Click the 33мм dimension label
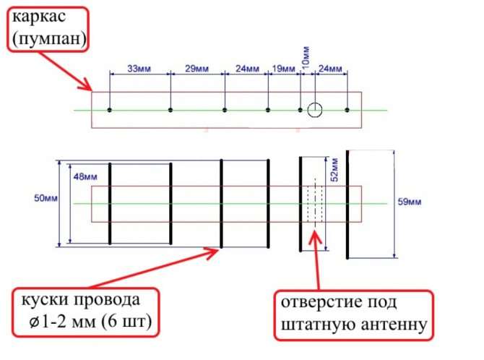point(139,68)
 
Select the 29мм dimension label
point(197,68)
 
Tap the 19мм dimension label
point(284,68)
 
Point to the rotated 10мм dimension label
point(306,58)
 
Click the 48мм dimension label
point(85,177)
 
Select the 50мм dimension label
point(46,198)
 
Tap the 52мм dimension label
point(334,170)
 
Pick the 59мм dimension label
point(410,202)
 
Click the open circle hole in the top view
point(315,103)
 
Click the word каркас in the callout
point(39,17)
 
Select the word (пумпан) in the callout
point(49,38)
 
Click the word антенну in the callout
point(394,325)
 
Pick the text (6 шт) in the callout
point(126,322)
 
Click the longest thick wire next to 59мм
point(347,205)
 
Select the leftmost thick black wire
point(110,204)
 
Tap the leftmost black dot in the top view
point(109,110)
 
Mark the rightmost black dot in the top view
point(347,110)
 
